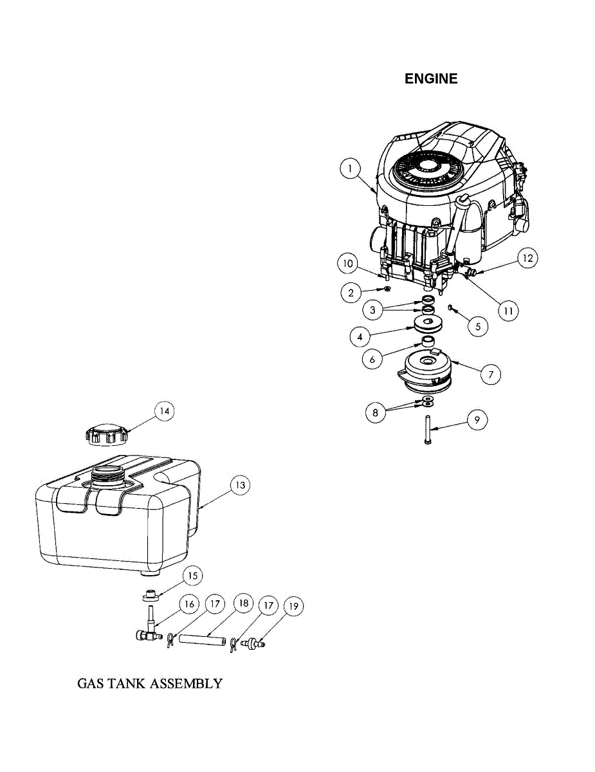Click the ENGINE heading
click(431, 78)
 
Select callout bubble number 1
click(349, 169)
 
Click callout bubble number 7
click(490, 373)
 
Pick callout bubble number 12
click(527, 259)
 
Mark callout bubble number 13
click(239, 486)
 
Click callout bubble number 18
click(243, 604)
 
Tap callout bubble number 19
click(293, 606)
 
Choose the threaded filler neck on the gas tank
click(106, 476)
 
